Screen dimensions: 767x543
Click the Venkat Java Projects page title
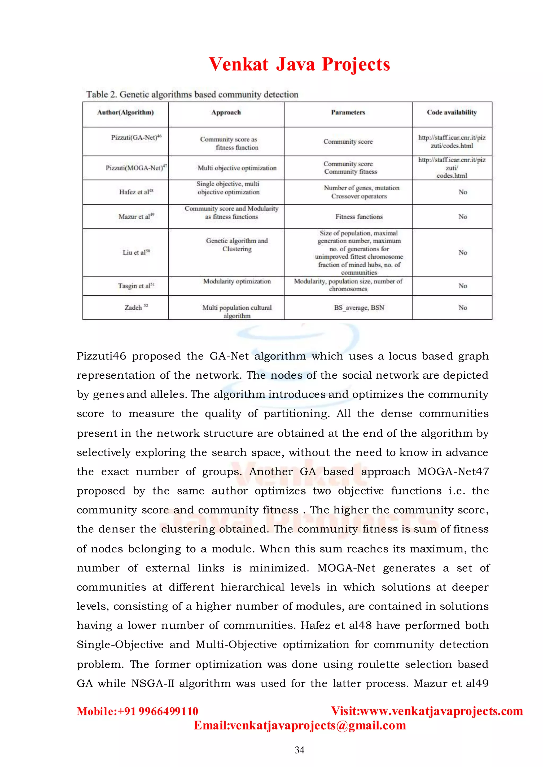tap(299, 64)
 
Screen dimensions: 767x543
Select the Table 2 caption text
tap(192, 94)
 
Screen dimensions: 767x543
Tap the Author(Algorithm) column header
tap(125, 113)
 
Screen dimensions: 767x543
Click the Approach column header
tap(226, 113)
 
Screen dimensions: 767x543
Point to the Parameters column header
tap(348, 113)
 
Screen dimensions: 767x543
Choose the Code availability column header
tap(452, 113)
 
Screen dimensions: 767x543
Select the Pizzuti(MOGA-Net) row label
tap(136, 168)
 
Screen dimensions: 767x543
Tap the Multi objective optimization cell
tap(237, 168)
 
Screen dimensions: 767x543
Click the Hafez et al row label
tap(136, 192)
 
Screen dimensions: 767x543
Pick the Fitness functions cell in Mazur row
tap(359, 217)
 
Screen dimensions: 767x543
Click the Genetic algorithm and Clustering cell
tap(237, 245)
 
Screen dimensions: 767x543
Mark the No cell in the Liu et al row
tap(463, 252)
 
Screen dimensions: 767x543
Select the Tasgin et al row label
tap(136, 286)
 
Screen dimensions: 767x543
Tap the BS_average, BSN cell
tap(359, 308)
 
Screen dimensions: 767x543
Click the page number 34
tap(299, 750)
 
